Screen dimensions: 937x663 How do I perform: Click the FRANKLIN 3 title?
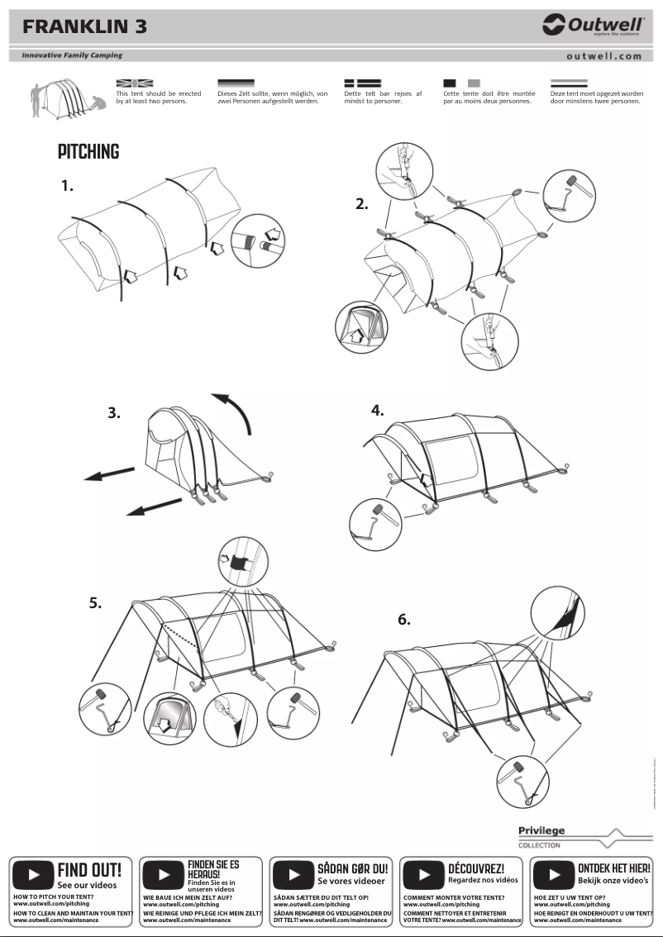(85, 26)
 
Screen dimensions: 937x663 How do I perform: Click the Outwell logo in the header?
(593, 26)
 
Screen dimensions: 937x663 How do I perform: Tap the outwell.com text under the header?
(603, 56)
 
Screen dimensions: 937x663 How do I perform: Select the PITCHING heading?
(88, 152)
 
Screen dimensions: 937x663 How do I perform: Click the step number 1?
(67, 186)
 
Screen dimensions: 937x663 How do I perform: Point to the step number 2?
(362, 204)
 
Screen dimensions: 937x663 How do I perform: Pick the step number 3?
(114, 413)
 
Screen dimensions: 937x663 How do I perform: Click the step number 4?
(377, 410)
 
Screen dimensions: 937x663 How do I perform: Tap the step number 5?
(96, 603)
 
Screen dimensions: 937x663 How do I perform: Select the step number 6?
(404, 620)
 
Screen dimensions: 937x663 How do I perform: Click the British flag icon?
(134, 83)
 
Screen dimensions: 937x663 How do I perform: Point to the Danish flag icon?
(362, 83)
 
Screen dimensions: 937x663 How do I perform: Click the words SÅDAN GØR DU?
(352, 868)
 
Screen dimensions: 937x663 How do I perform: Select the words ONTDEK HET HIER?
(613, 868)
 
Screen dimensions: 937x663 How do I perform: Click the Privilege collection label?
(541, 831)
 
